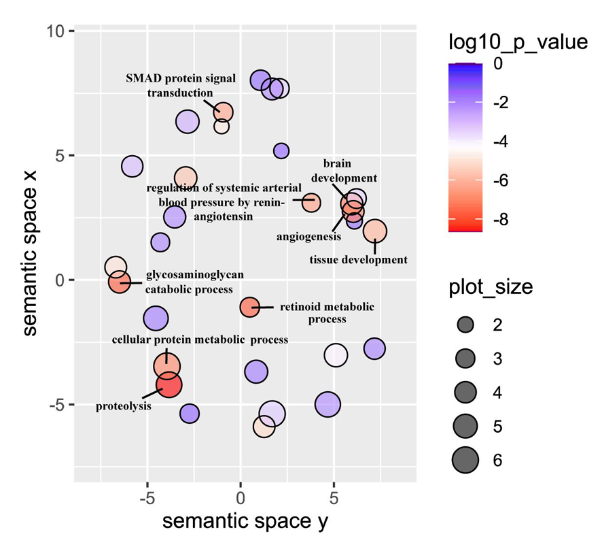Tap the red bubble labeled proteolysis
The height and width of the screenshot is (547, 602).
(x=169, y=385)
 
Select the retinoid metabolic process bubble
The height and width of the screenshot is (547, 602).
(x=249, y=307)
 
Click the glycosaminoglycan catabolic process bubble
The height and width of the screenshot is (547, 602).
(x=120, y=282)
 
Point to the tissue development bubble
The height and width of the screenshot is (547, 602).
(x=374, y=231)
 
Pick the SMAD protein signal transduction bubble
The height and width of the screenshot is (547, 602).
(x=223, y=112)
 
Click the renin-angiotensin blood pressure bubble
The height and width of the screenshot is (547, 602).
(x=311, y=202)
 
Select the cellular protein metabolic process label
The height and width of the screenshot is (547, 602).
(x=200, y=339)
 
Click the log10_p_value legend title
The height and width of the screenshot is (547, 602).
(x=518, y=43)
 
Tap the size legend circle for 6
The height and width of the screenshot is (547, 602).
(x=465, y=461)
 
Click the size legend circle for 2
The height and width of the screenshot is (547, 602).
(x=465, y=325)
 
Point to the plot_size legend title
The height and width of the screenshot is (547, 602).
(x=491, y=287)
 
